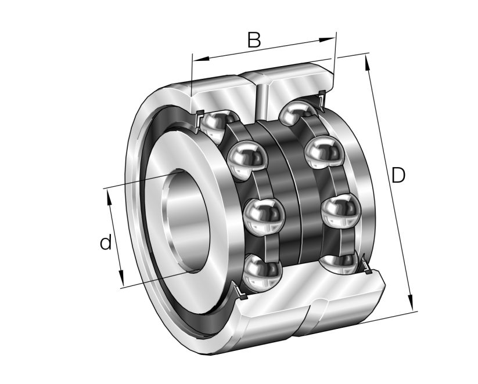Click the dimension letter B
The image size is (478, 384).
[x=254, y=39]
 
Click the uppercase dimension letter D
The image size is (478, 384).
[x=398, y=175]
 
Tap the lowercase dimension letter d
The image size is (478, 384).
[x=105, y=242]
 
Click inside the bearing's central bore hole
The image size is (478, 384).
[x=186, y=220]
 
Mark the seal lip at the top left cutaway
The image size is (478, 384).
[x=198, y=118]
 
